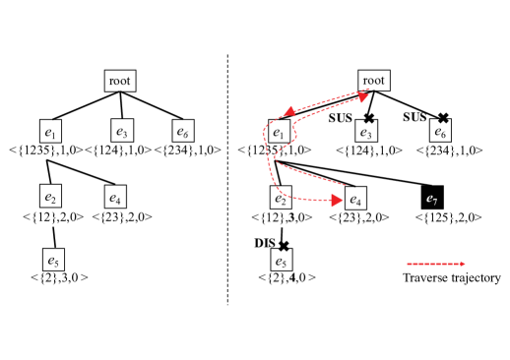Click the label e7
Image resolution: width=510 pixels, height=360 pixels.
[x=431, y=200]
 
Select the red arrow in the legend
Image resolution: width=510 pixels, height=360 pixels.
[x=436, y=264]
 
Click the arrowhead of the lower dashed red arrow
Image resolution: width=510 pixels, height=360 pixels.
[x=337, y=201]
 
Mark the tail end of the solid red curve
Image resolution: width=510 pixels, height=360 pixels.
[x=346, y=184]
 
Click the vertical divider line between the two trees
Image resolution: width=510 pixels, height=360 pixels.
[x=229, y=177]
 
